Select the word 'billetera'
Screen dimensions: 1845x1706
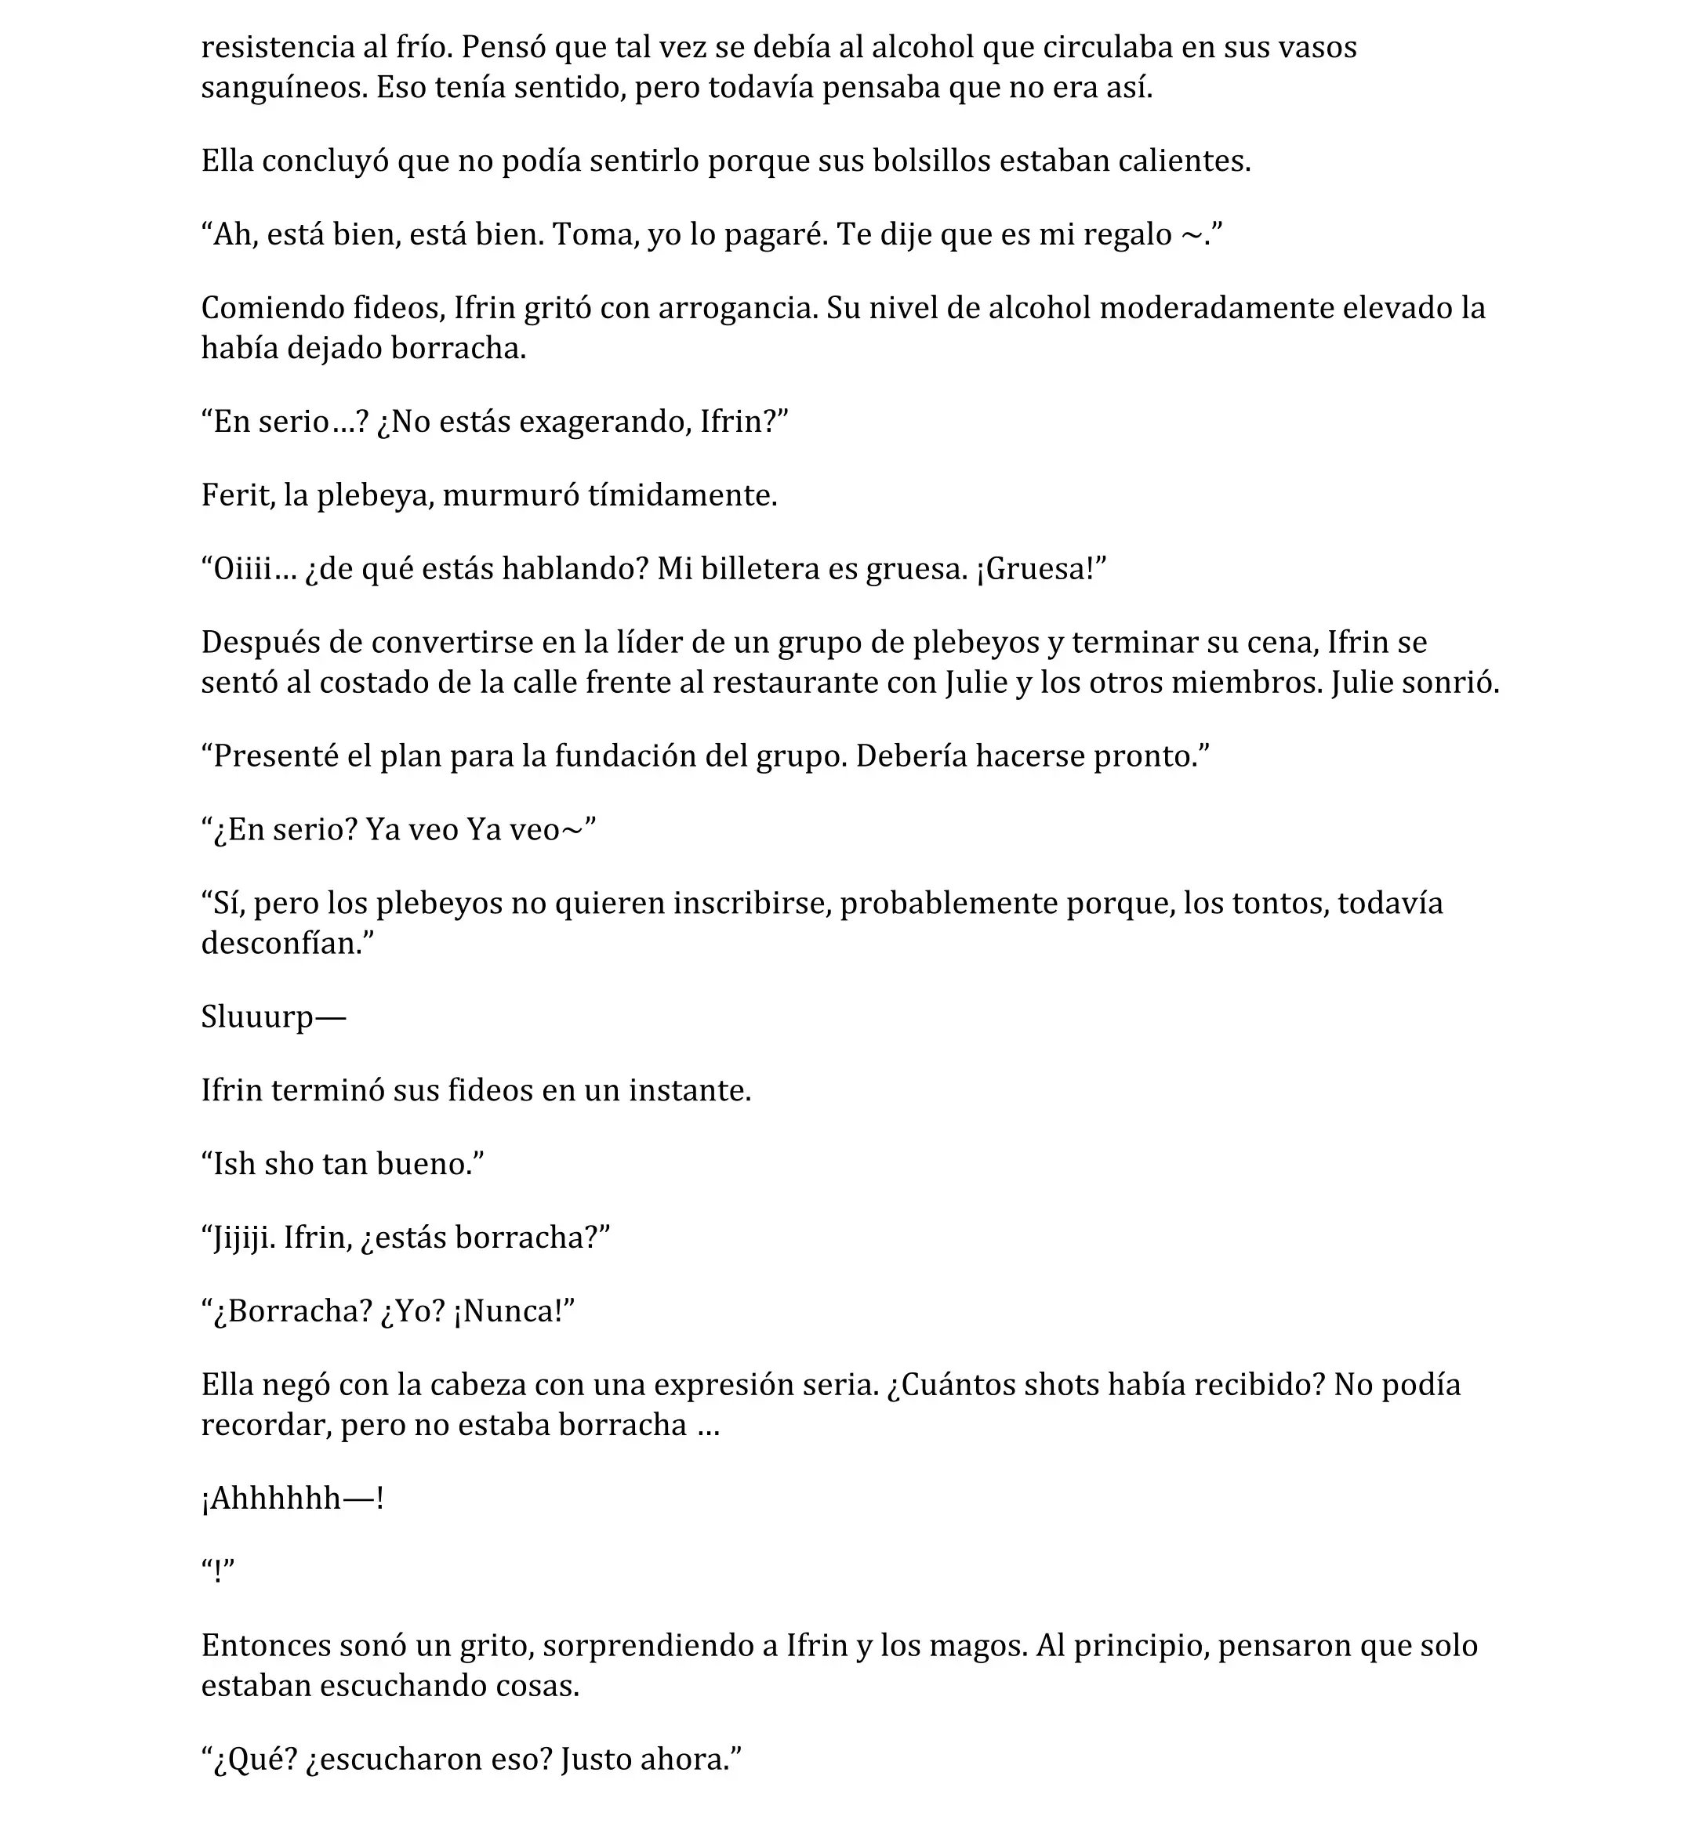760,570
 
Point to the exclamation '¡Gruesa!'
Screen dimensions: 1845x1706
1039,570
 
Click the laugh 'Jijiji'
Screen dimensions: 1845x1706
243,1238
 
